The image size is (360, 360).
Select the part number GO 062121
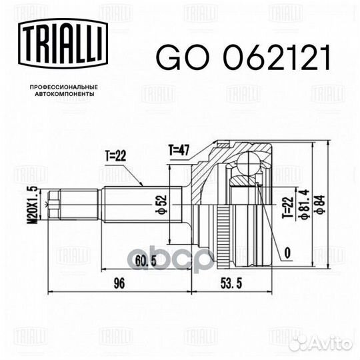243,60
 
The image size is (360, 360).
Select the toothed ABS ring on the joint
219,227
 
